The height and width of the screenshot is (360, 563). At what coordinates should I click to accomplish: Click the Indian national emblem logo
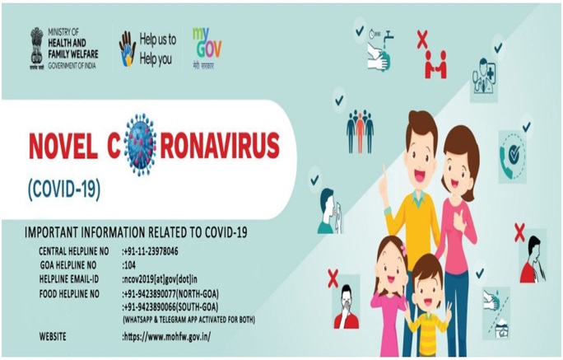click(36, 48)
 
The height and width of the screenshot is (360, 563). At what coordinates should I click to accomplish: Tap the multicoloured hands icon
click(128, 49)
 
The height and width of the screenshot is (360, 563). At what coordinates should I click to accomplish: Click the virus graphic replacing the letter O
click(141, 144)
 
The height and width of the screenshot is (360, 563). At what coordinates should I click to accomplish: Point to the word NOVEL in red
click(63, 146)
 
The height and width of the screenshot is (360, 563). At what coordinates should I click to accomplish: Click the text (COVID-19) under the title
click(64, 189)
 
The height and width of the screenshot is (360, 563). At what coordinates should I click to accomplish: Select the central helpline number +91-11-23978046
click(150, 251)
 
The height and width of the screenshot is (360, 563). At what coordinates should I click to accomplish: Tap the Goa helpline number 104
click(129, 265)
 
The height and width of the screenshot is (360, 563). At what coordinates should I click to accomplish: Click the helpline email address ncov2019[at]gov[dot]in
click(160, 279)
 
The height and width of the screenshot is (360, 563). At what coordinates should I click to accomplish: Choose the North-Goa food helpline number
click(170, 294)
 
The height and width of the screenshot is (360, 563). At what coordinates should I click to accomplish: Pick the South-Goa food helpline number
click(170, 307)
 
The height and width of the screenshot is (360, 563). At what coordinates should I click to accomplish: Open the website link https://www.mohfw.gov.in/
click(166, 337)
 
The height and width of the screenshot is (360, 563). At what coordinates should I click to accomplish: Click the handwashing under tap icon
click(380, 49)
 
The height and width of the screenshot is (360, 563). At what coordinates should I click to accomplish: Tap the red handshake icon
click(435, 65)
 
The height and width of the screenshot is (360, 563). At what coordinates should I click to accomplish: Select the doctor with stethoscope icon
click(484, 76)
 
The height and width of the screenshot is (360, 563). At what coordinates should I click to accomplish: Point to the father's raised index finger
click(384, 171)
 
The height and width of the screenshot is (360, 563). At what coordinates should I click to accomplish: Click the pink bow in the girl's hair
click(403, 250)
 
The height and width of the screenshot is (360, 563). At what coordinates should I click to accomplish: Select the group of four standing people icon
click(361, 132)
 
